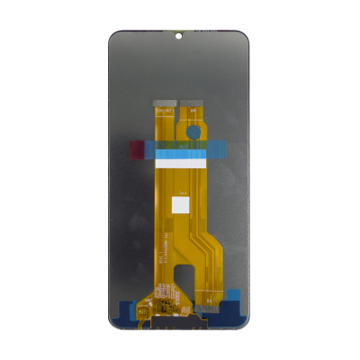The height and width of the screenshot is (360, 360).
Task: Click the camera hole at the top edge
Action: point(178,38)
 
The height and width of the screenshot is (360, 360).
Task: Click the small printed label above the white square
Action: point(182,192)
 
